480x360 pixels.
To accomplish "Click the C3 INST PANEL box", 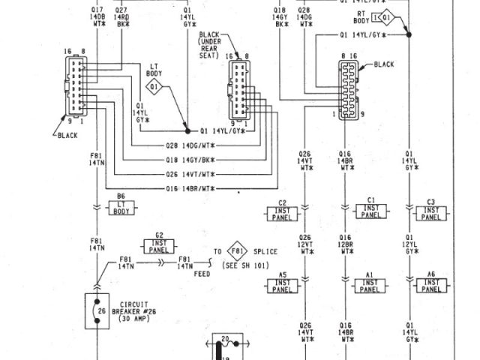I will (x=430, y=211).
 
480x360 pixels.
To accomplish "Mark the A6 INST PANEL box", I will (x=430, y=283).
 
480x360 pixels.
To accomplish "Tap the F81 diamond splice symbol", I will (x=237, y=251).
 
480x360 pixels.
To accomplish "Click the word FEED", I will (x=201, y=274).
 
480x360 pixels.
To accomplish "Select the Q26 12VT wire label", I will (x=304, y=243).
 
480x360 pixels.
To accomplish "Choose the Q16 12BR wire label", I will (x=346, y=243).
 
